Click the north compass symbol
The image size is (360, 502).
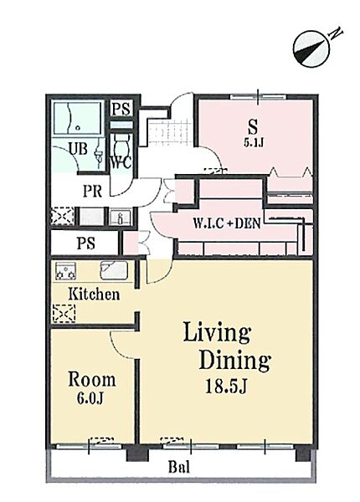(311, 49)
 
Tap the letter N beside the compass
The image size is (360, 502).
(337, 33)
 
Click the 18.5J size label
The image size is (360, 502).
(226, 387)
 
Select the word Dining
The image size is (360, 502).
(235, 360)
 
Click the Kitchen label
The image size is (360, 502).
(94, 295)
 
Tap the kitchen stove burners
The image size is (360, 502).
(65, 271)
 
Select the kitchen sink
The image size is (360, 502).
(115, 270)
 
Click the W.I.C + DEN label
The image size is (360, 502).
(227, 223)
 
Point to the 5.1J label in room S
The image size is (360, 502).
(254, 142)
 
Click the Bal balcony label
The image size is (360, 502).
(179, 468)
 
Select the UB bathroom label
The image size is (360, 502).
(78, 149)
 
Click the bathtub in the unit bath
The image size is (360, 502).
(78, 118)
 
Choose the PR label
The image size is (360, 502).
(93, 191)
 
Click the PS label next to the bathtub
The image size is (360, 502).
(121, 109)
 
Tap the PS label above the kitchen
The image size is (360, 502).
(86, 243)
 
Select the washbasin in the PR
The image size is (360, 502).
(120, 217)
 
